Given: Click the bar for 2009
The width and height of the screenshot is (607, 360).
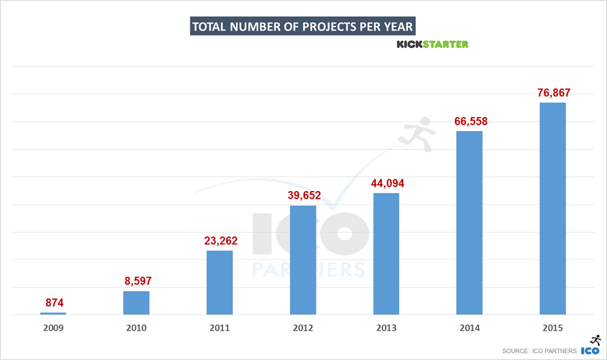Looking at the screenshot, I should pos(53,313).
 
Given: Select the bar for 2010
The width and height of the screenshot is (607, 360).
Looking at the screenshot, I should pos(136,303).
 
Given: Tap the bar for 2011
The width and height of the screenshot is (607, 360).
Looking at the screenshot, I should pos(220,283).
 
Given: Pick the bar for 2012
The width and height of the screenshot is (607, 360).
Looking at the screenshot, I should pos(303,260).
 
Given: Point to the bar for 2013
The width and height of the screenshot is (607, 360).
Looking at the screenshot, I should pos(386,254).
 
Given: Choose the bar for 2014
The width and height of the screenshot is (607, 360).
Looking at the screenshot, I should pos(469,223).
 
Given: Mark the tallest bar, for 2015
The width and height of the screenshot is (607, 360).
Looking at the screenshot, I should pos(553,208).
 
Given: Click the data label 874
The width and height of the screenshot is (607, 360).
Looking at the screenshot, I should pos(53,302).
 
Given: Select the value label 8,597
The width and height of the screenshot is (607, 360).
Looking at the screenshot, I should pos(136,281).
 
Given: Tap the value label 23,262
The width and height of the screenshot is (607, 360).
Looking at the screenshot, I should pos(220,240).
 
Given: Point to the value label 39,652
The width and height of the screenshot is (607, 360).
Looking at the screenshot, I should pos(303,195).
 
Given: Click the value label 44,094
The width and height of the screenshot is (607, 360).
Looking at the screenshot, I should pos(386,183).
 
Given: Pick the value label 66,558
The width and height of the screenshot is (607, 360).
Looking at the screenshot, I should pos(469,121).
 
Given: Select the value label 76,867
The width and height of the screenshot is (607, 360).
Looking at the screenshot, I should pos(553,93).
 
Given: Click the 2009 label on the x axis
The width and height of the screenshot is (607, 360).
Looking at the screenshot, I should pos(53,328).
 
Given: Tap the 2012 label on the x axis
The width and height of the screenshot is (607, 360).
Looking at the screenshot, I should pos(303,328).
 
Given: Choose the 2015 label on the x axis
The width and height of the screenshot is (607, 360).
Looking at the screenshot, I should pos(553,328).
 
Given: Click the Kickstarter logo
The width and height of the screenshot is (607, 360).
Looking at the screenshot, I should pos(432,44).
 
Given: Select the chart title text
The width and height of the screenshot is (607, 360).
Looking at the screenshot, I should pos(303,27).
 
